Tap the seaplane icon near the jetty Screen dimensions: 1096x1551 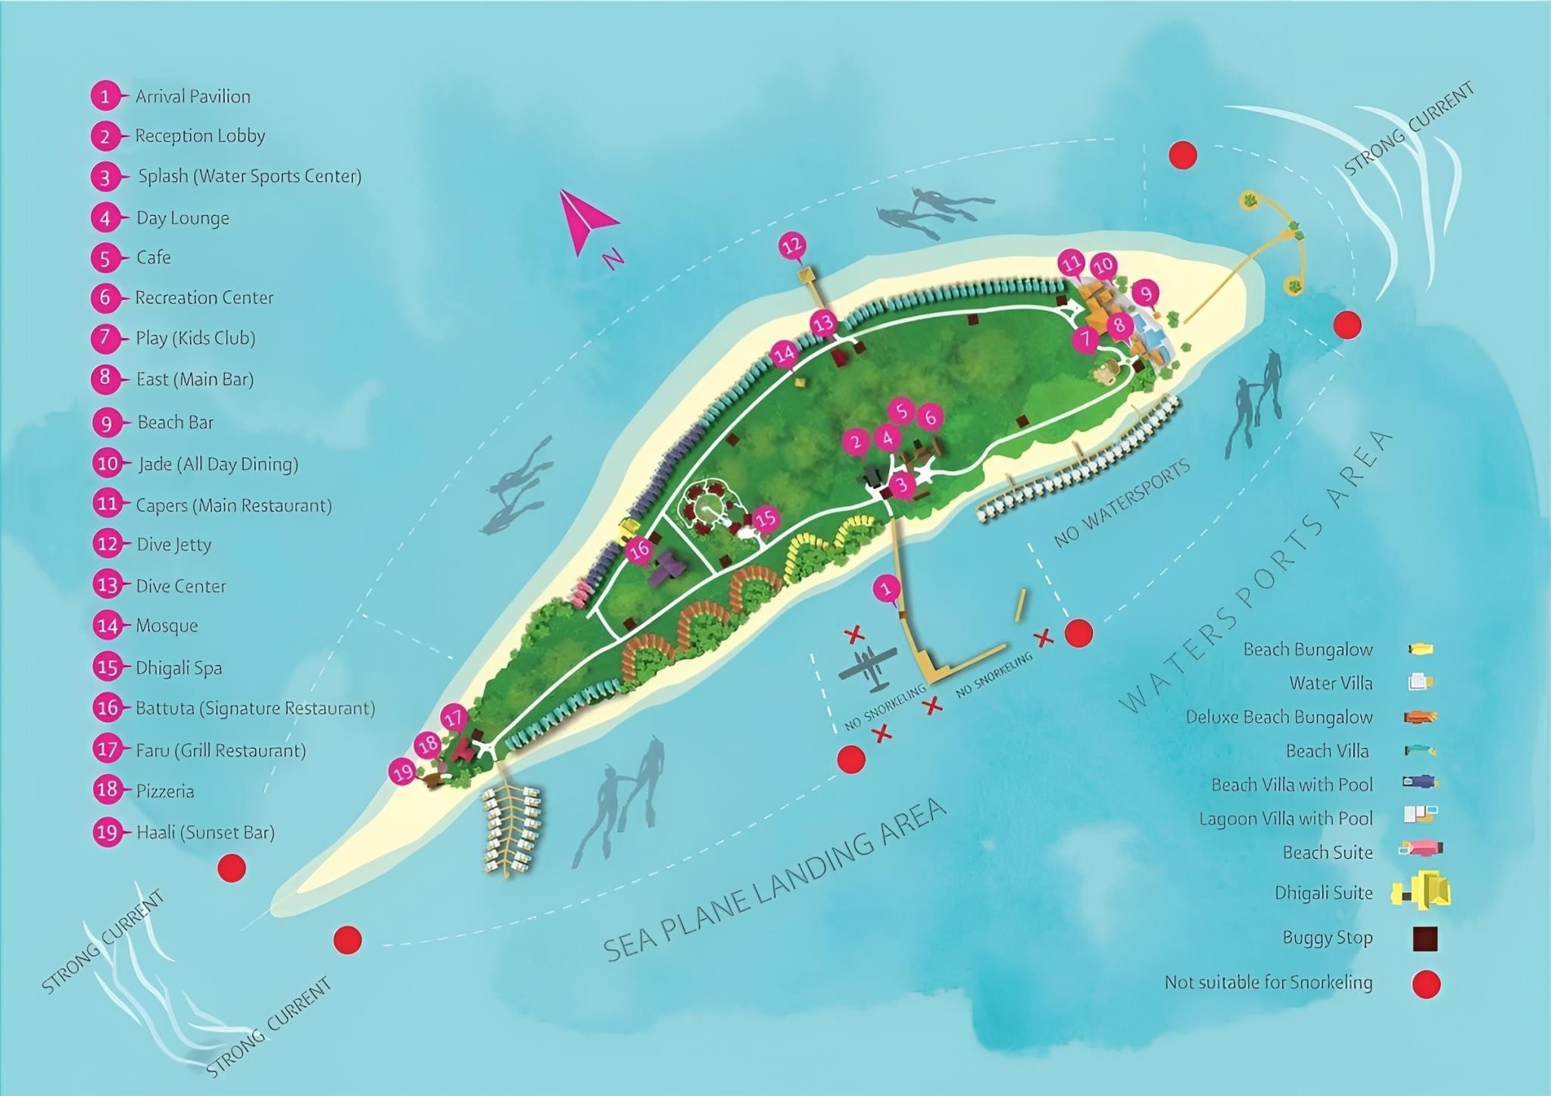click(868, 667)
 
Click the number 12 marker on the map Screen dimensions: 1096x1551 click(792, 245)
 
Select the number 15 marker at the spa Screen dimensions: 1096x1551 click(766, 518)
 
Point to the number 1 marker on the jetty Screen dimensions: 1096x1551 click(887, 589)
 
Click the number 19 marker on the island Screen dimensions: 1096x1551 click(403, 773)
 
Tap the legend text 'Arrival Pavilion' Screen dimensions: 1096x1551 click(193, 96)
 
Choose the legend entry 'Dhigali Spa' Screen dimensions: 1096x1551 click(179, 668)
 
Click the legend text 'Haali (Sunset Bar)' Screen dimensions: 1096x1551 click(205, 832)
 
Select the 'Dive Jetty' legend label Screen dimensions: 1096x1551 click(173, 545)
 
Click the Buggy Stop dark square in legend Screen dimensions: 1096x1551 click(1425, 938)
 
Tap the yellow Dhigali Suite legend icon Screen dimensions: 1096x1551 click(1422, 891)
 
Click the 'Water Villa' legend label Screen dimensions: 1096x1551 click(1331, 683)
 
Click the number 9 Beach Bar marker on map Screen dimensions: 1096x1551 click(1145, 293)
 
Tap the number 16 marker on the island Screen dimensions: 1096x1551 click(641, 549)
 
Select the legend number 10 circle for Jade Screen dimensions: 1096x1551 click(108, 464)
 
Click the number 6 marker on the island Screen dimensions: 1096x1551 click(930, 416)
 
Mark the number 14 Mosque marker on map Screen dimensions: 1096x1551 click(784, 354)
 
